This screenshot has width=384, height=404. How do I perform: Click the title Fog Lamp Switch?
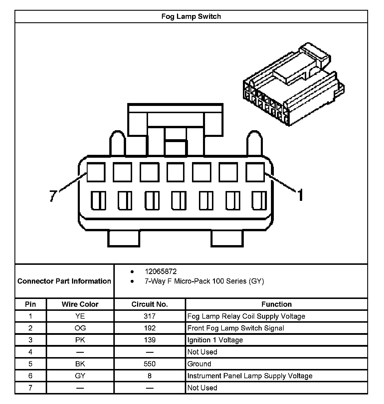pyautogui.click(x=191, y=16)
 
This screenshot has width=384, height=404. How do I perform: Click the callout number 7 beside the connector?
pyautogui.click(x=53, y=196)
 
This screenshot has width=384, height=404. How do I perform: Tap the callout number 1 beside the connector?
pyautogui.click(x=301, y=194)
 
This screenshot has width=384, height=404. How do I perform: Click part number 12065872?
pyautogui.click(x=160, y=271)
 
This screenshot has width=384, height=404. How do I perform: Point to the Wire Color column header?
pyautogui.click(x=80, y=304)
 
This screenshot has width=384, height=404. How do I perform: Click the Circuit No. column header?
pyautogui.click(x=149, y=304)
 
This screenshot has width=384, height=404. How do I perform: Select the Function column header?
pyautogui.click(x=276, y=304)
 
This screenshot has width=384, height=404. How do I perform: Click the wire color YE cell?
pyautogui.click(x=80, y=316)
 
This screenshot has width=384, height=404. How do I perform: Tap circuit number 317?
pyautogui.click(x=149, y=316)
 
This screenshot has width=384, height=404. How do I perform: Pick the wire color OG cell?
pyautogui.click(x=80, y=328)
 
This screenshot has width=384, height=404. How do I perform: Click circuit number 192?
pyautogui.click(x=149, y=328)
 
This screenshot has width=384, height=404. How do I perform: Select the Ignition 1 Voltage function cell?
pyautogui.click(x=215, y=340)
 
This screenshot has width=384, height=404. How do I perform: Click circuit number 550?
pyautogui.click(x=149, y=364)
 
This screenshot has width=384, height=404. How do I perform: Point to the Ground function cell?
pyautogui.click(x=199, y=364)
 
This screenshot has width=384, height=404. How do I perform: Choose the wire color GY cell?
pyautogui.click(x=80, y=376)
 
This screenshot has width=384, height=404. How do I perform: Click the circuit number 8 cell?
pyautogui.click(x=149, y=376)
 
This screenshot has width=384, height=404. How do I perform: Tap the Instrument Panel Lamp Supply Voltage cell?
pyautogui.click(x=250, y=376)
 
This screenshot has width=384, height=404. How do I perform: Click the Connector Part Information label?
pyautogui.click(x=64, y=281)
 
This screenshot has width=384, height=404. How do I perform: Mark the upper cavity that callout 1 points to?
pyautogui.click(x=255, y=172)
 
